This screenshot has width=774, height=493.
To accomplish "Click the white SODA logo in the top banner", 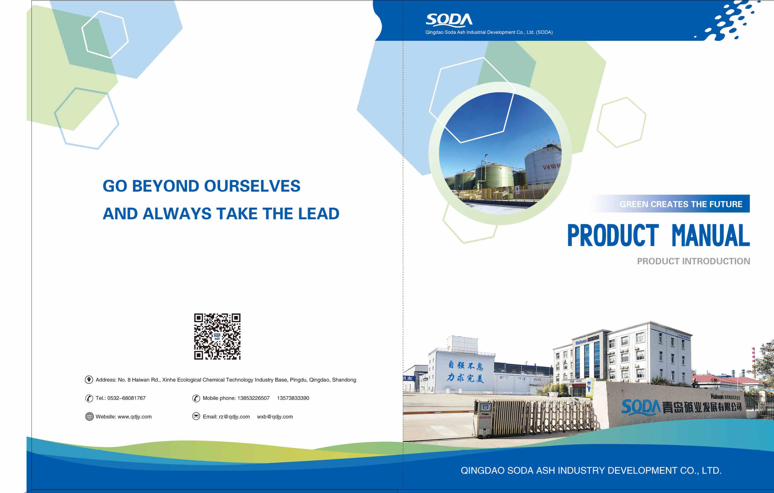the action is [449, 20].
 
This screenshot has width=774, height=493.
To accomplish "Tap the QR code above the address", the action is [217, 336].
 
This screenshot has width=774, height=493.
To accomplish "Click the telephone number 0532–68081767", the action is [126, 398].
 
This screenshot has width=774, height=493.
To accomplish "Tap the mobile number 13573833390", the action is [293, 398].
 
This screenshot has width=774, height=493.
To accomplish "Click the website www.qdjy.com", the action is [135, 416].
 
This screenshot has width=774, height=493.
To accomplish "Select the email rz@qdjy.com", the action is [234, 416].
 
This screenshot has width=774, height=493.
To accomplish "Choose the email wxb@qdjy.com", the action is [275, 416].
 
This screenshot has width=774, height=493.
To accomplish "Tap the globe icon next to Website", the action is [89, 416].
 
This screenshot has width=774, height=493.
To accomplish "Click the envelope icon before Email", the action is [196, 416].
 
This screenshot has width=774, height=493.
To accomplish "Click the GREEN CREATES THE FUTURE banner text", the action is [681, 204].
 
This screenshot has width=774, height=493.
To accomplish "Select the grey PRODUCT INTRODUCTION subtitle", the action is [694, 261].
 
